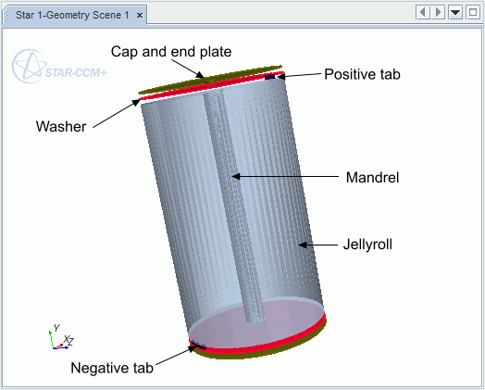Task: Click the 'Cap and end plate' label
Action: pyautogui.click(x=171, y=51)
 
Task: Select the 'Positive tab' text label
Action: pyautogui.click(x=362, y=74)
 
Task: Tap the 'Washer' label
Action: pyautogui.click(x=61, y=126)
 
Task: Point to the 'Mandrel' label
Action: pyautogui.click(x=372, y=177)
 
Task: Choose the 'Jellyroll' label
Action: pyautogui.click(x=367, y=245)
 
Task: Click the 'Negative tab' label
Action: pyautogui.click(x=112, y=368)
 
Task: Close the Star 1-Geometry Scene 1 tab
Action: pyautogui.click(x=140, y=15)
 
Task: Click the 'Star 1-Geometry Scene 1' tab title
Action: pyautogui.click(x=72, y=15)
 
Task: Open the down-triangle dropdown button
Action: pyautogui.click(x=455, y=13)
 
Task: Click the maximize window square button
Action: pyautogui.click(x=473, y=13)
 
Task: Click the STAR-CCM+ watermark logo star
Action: pyautogui.click(x=29, y=66)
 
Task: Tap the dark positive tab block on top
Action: pyautogui.click(x=269, y=77)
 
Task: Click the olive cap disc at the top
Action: pyautogui.click(x=210, y=80)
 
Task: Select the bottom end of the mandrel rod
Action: pyautogui.click(x=255, y=321)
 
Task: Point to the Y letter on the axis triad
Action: pyautogui.click(x=56, y=328)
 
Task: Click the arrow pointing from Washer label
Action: pyautogui.click(x=117, y=113)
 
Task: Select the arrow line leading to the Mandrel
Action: pyautogui.click(x=285, y=176)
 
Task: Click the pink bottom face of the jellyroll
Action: pyautogui.click(x=255, y=327)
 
